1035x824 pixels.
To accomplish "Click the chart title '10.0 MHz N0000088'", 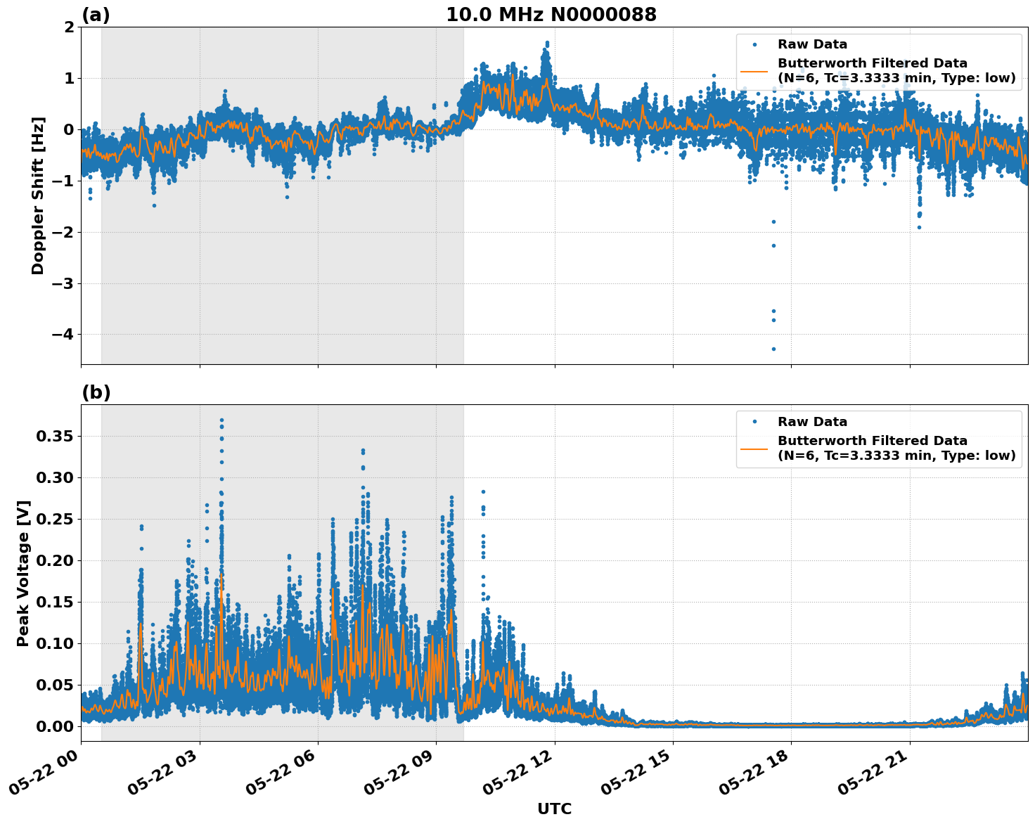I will pyautogui.click(x=551, y=15).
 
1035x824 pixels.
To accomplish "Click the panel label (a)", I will pyautogui.click(x=96, y=15).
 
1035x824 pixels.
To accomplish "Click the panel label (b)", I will pyautogui.click(x=96, y=392).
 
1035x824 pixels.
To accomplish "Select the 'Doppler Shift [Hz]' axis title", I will pyautogui.click(x=38, y=195).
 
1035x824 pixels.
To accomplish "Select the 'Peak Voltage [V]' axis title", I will pyautogui.click(x=23, y=573).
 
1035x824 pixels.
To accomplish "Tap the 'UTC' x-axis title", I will pyautogui.click(x=554, y=809).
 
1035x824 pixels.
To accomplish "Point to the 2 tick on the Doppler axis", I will pyautogui.click(x=69, y=27).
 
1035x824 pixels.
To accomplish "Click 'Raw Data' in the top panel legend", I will pyautogui.click(x=812, y=44).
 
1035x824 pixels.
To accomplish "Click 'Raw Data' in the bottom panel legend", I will pyautogui.click(x=812, y=422).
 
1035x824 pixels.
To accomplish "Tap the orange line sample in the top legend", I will pyautogui.click(x=754, y=71).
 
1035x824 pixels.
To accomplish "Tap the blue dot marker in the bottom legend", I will pyautogui.click(x=754, y=422).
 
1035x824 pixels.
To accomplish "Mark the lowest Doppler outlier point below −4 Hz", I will pyautogui.click(x=773, y=349).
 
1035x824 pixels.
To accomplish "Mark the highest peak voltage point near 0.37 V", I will pyautogui.click(x=221, y=420).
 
